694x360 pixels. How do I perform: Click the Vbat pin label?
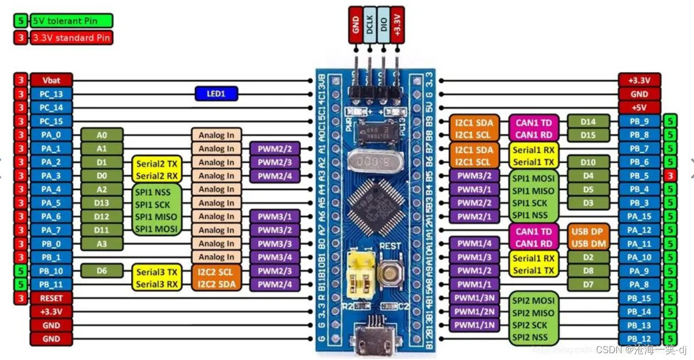click(x=51, y=80)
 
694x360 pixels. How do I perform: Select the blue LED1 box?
click(x=216, y=94)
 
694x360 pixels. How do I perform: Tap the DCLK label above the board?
click(x=369, y=25)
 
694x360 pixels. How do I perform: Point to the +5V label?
click(x=639, y=108)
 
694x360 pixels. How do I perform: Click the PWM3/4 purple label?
click(x=274, y=257)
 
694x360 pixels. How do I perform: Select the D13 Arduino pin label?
click(x=101, y=203)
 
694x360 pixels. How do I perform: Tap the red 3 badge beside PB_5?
click(x=670, y=176)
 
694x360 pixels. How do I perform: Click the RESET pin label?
click(x=51, y=298)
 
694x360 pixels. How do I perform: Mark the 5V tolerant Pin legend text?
click(x=71, y=21)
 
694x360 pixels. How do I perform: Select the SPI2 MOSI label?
click(x=533, y=301)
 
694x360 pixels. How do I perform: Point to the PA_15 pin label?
click(x=639, y=216)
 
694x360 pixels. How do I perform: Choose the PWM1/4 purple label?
click(x=474, y=243)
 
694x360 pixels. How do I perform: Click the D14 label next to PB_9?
click(x=588, y=122)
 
